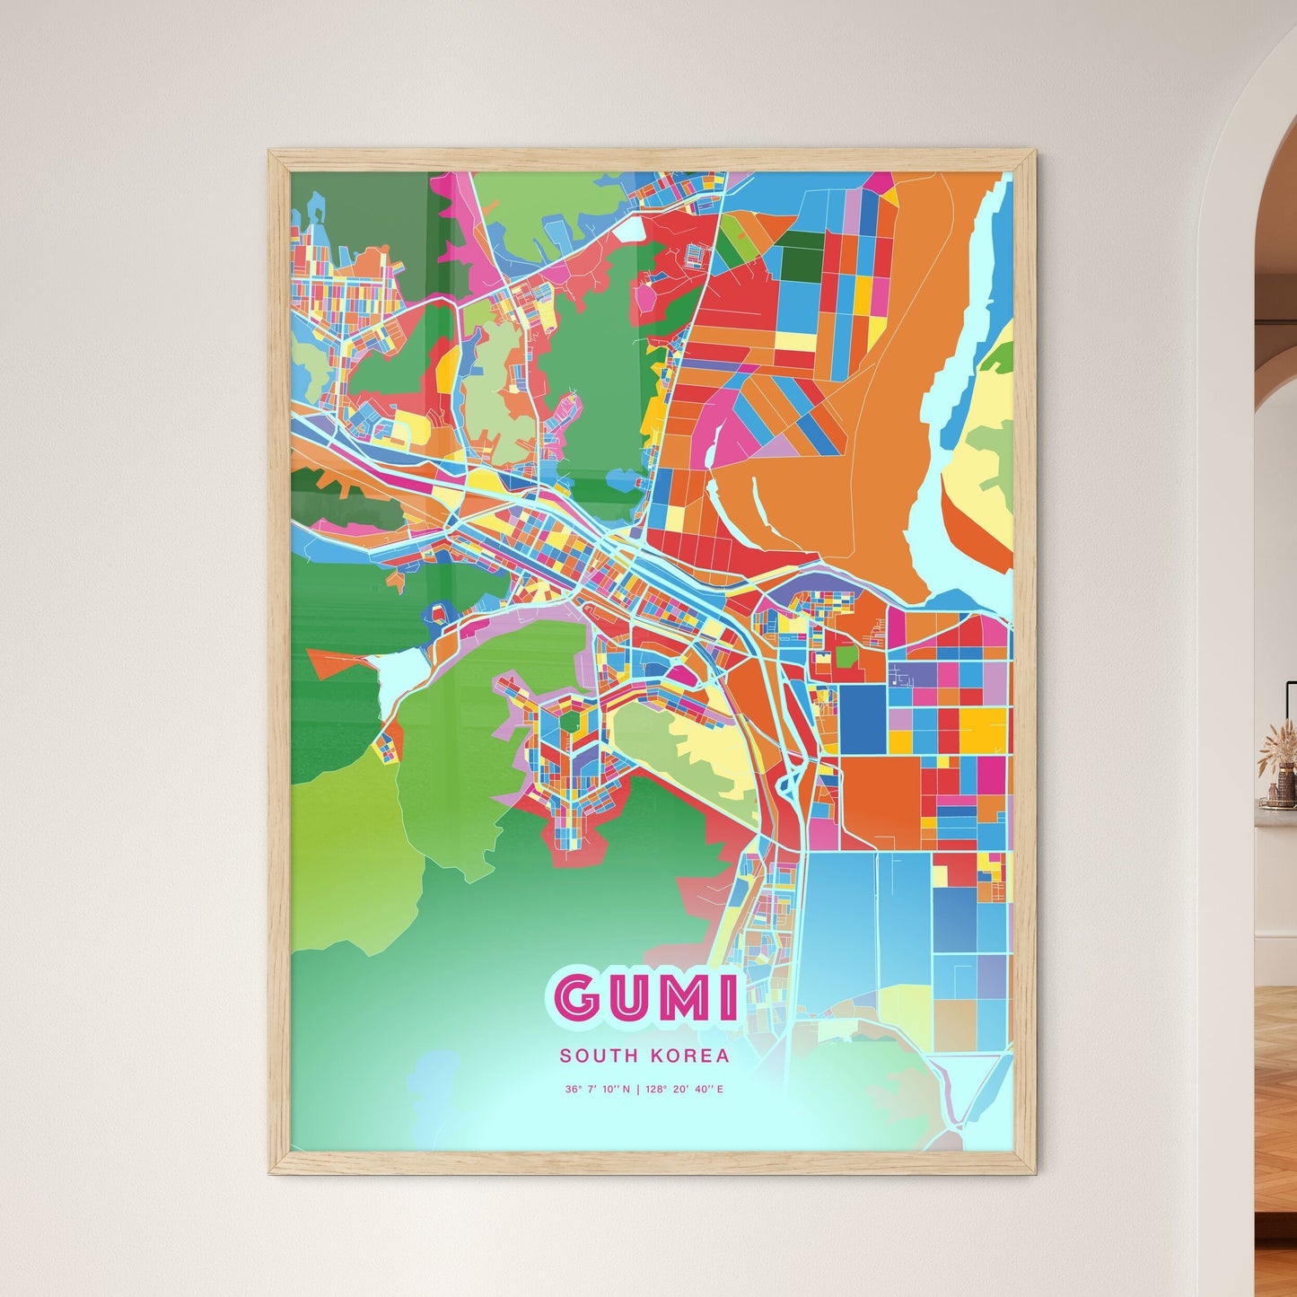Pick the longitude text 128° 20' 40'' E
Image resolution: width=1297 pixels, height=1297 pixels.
(684, 1090)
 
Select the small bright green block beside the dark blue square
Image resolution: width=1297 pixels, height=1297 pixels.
(846, 656)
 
